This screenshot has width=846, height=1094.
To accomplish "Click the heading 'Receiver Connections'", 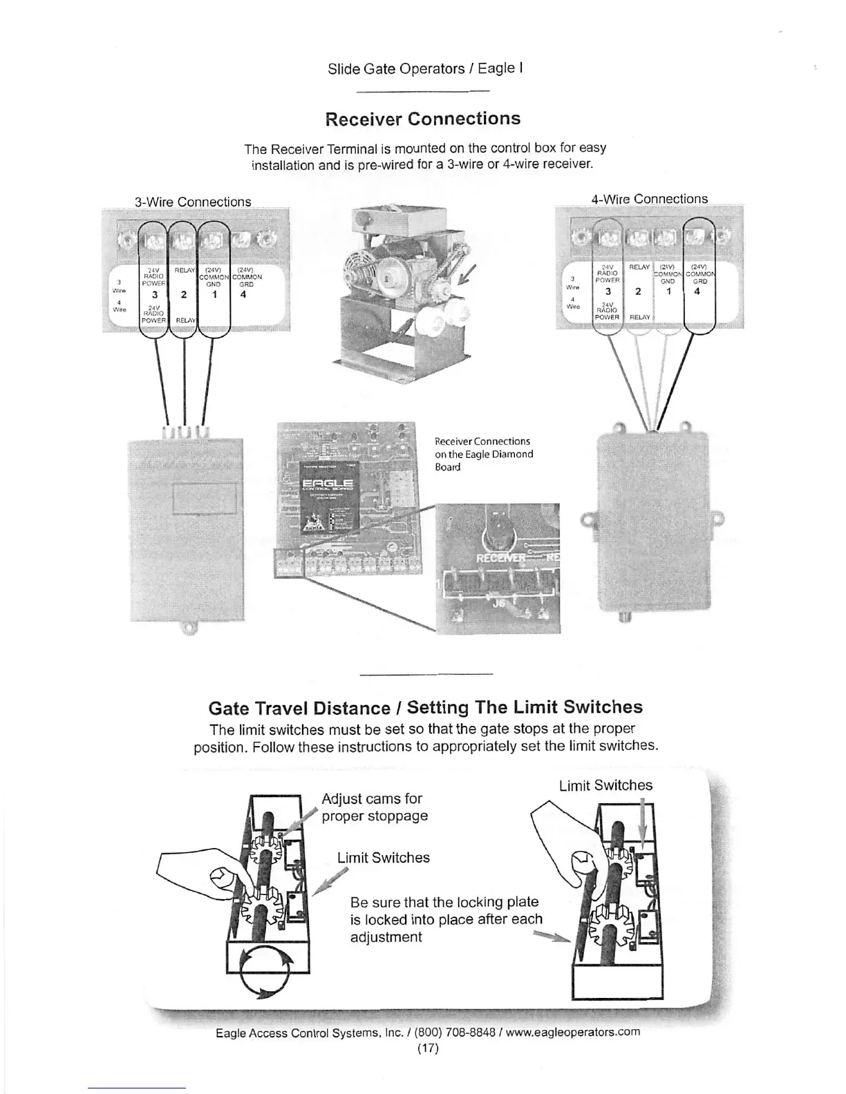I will pyautogui.click(x=422, y=119).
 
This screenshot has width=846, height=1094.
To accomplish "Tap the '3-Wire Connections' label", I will pyautogui.click(x=192, y=202).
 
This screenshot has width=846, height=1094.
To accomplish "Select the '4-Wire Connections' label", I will pyautogui.click(x=649, y=199).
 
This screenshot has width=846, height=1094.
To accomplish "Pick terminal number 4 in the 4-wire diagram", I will pyautogui.click(x=697, y=291).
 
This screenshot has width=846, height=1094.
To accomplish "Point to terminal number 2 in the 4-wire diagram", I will pyautogui.click(x=638, y=291).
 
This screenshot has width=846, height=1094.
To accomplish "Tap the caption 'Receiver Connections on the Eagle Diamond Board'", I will pyautogui.click(x=483, y=454).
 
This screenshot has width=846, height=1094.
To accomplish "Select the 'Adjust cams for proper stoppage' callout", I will pyautogui.click(x=375, y=807).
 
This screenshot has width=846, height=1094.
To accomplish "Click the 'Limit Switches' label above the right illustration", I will pyautogui.click(x=605, y=785).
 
